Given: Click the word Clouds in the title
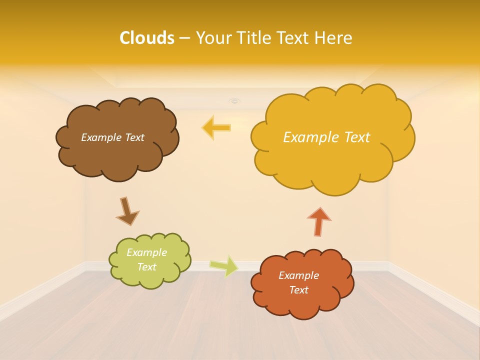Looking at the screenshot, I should tap(146, 38).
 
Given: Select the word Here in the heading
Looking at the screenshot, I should tap(333, 38).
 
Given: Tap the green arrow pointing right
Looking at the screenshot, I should tap(224, 266).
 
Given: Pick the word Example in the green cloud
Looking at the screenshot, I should tap(146, 252).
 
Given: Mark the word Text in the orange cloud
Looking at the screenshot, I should tap(298, 290).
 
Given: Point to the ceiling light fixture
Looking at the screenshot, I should tap(234, 101).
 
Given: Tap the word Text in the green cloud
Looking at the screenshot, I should tap(146, 267).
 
